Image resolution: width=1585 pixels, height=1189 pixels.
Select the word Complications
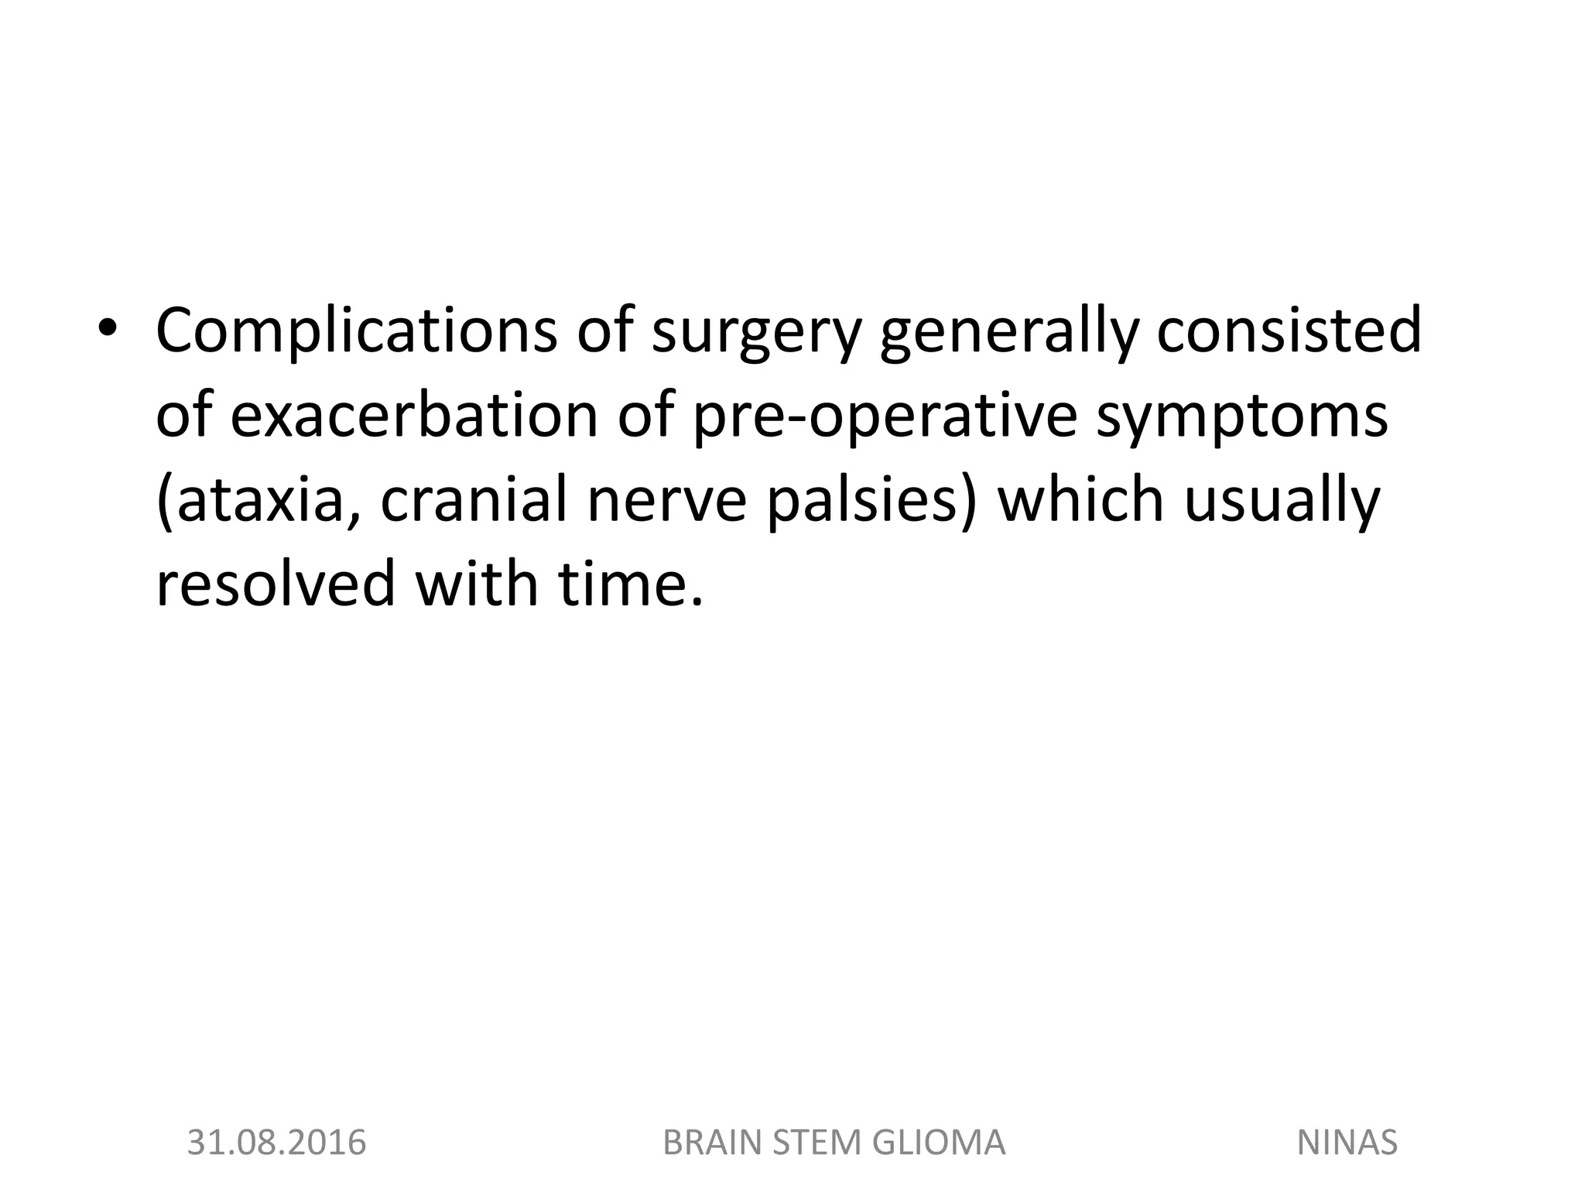tap(356, 330)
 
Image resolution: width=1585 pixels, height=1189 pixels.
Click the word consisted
tap(1289, 330)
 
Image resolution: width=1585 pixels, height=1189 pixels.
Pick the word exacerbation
tap(414, 415)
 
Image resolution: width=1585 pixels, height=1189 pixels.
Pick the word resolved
tap(276, 584)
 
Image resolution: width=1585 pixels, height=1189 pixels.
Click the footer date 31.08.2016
tap(276, 1143)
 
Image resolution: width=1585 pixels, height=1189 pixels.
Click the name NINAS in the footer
tap(1347, 1143)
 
